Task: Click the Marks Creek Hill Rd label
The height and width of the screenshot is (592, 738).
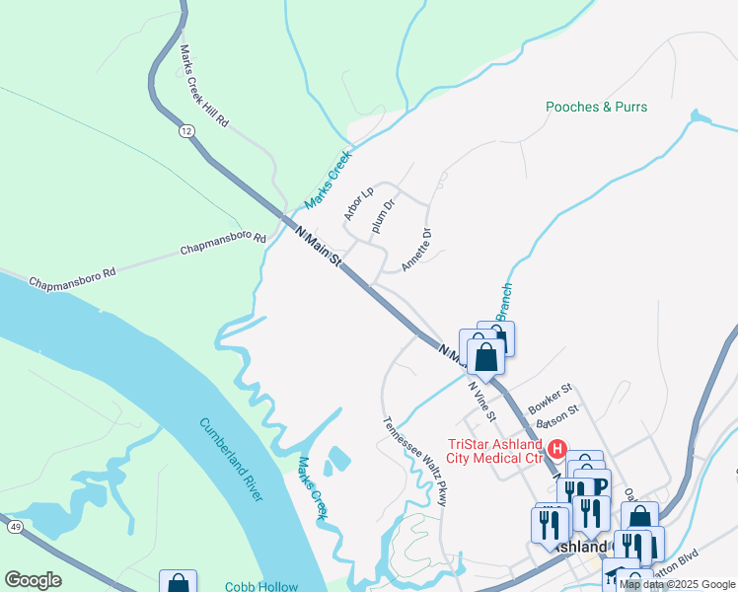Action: [x=204, y=86]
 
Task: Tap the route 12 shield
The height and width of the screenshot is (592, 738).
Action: [x=186, y=130]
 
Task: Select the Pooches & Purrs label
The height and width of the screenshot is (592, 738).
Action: [x=597, y=107]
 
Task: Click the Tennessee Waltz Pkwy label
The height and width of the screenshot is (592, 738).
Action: [x=415, y=461]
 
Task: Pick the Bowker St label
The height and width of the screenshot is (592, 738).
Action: [x=550, y=399]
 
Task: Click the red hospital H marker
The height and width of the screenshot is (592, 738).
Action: [x=556, y=450]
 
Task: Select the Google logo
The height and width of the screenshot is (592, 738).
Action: [x=33, y=580]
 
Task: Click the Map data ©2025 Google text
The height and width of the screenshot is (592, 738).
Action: [x=678, y=584]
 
